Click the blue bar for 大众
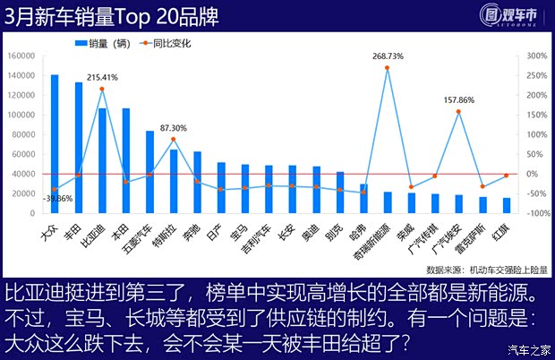point(55,143)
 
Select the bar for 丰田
point(79,148)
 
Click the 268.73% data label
point(387,56)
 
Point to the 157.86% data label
point(458,100)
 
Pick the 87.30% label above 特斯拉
point(174,128)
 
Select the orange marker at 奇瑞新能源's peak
point(387,68)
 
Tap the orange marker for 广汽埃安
point(458,112)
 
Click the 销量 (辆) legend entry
point(103,42)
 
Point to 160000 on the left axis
point(20,56)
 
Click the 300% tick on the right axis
point(535,56)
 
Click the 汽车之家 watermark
point(528,349)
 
